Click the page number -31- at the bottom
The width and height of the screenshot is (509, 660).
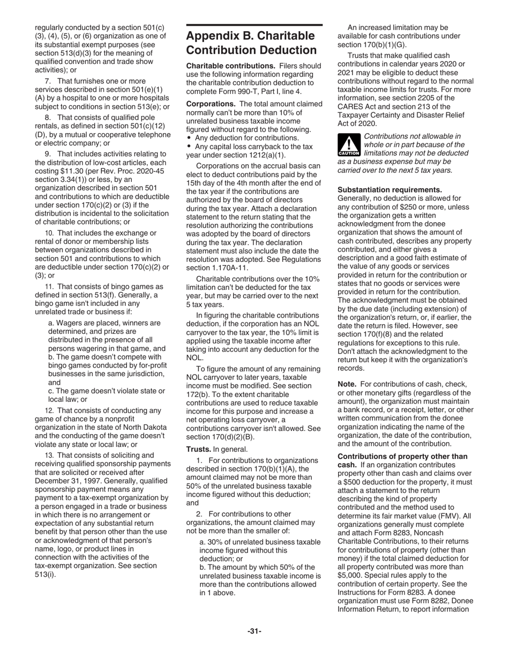pyautogui.click(x=254, y=632)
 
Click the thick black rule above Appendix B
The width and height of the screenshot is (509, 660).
pyautogui.click(x=254, y=25)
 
